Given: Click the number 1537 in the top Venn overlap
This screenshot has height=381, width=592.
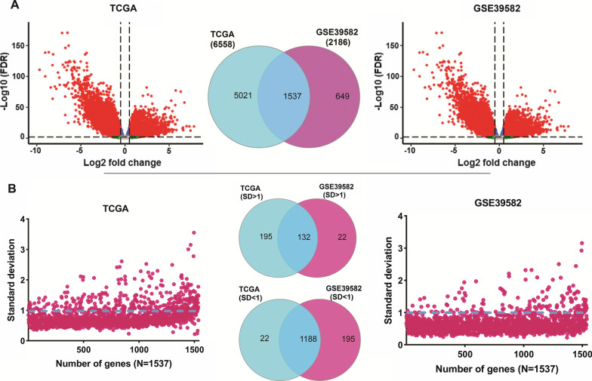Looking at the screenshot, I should pos(276,97).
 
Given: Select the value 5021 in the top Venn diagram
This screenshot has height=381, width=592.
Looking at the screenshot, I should pos(227,97).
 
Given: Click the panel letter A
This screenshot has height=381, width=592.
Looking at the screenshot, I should pos(7,7).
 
